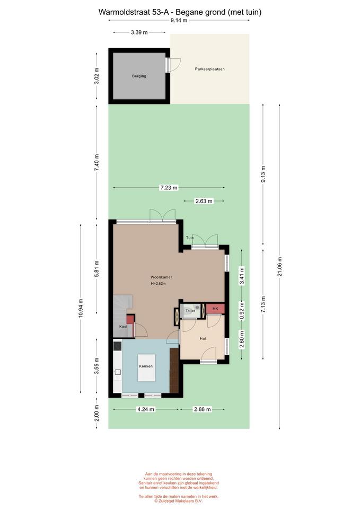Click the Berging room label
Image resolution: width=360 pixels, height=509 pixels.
pos(139,76)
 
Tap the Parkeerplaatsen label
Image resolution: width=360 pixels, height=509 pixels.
pos(210,69)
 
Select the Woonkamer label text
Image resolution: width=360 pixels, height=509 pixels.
pos(161,277)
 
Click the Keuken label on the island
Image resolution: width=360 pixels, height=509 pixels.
pos(146,366)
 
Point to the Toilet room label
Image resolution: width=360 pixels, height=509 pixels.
pos(190,311)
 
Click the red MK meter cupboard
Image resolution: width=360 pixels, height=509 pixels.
pos(215,309)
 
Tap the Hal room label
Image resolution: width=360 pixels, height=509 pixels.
pos(203,339)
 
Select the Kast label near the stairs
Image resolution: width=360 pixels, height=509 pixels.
pos(124,327)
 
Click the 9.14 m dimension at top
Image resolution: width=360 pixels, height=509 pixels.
pos(179,21)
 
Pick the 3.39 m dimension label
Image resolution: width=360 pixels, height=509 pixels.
pos(139,32)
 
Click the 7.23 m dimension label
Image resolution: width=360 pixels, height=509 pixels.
pos(169,188)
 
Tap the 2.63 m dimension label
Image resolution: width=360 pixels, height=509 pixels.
pos(204,201)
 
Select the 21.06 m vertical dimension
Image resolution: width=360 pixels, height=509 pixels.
pos(279,267)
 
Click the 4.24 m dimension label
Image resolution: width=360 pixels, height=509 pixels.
pos(146,409)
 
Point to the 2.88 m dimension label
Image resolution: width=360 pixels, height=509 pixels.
pos(202,409)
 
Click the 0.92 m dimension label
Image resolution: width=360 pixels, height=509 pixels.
pos(242,311)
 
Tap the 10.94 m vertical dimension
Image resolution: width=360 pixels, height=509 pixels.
pos(81,308)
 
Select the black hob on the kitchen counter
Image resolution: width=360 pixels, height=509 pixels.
pos(118,346)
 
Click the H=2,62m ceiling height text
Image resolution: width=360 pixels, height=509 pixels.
pos(159,284)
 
